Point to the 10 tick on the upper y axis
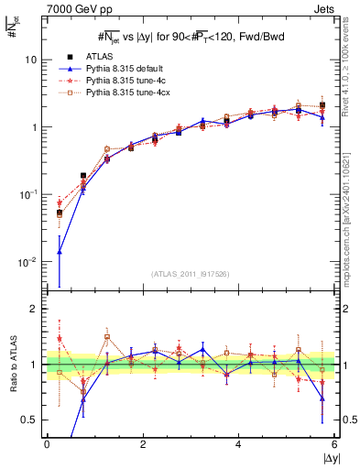30,60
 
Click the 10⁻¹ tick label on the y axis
28,195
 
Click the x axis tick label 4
238,445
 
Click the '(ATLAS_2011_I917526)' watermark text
191,275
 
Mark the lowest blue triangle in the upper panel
60,251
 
